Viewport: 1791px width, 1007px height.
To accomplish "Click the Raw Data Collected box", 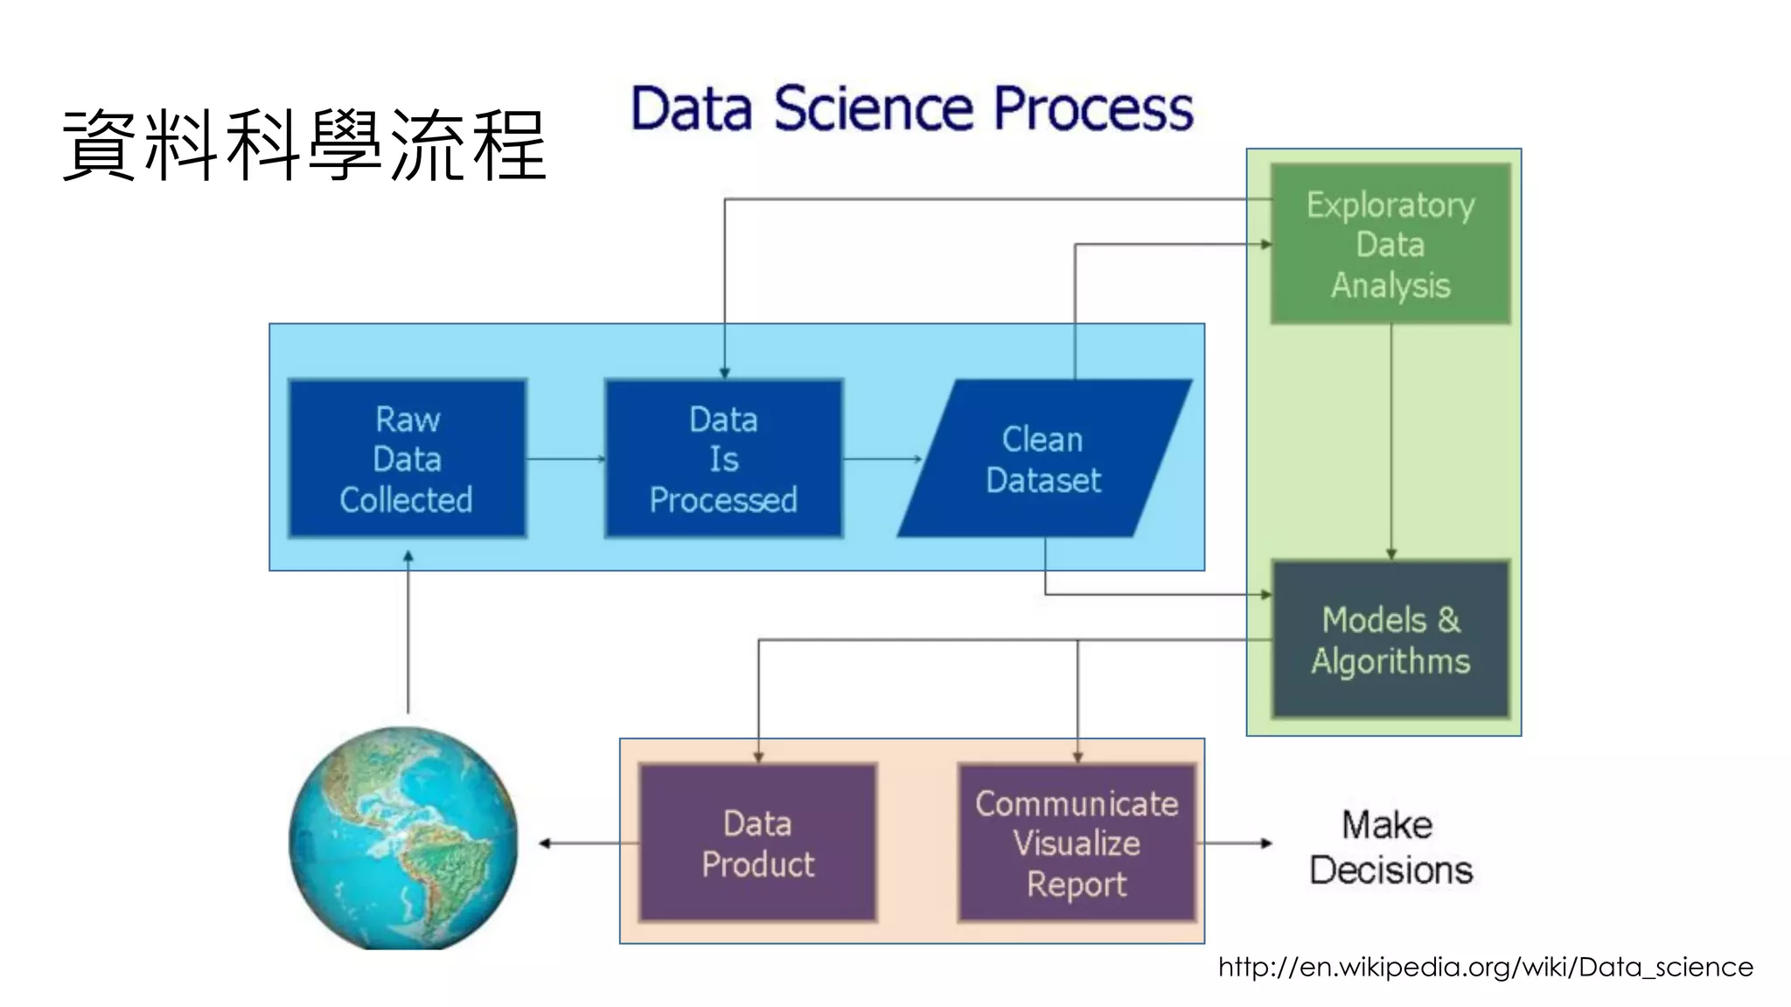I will [x=407, y=458].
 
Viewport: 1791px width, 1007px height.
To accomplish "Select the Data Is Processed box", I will [x=723, y=458].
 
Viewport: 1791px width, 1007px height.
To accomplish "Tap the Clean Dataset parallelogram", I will [x=1043, y=458].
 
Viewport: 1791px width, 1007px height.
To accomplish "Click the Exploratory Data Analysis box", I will [x=1390, y=244].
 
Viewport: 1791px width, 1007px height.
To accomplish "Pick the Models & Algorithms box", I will [x=1390, y=640].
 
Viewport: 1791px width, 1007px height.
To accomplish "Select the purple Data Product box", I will [x=757, y=843].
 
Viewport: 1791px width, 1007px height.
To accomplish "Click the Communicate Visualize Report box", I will [x=1077, y=843].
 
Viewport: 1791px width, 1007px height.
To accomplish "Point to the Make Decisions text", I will [x=1390, y=847].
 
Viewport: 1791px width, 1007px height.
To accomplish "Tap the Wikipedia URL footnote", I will [x=1485, y=967].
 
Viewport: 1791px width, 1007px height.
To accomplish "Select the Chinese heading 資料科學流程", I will [x=304, y=145].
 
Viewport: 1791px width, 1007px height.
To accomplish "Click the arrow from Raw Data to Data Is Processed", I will [x=565, y=458].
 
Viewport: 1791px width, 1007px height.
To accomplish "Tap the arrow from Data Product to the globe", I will [x=586, y=843].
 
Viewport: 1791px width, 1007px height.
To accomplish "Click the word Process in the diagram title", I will [x=1093, y=109].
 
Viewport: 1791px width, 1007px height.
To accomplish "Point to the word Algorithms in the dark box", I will [x=1390, y=661].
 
